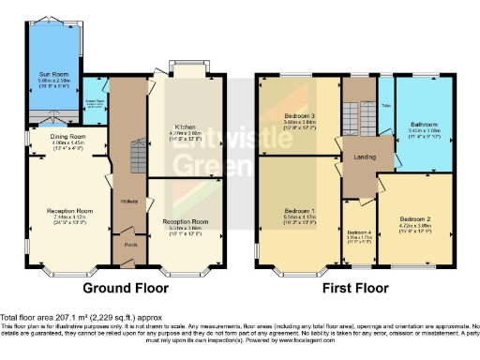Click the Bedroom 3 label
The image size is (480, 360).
pyautogui.click(x=299, y=115)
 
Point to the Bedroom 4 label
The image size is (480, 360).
pyautogui.click(x=359, y=232)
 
